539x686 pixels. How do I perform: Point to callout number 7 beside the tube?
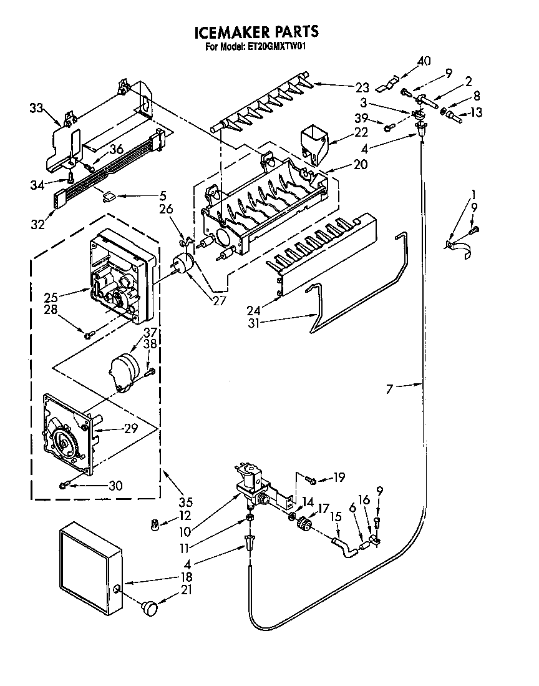click(x=390, y=389)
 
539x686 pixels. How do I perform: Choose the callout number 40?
click(x=424, y=61)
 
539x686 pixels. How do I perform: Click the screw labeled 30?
click(x=64, y=484)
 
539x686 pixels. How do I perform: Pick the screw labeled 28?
click(x=88, y=335)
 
